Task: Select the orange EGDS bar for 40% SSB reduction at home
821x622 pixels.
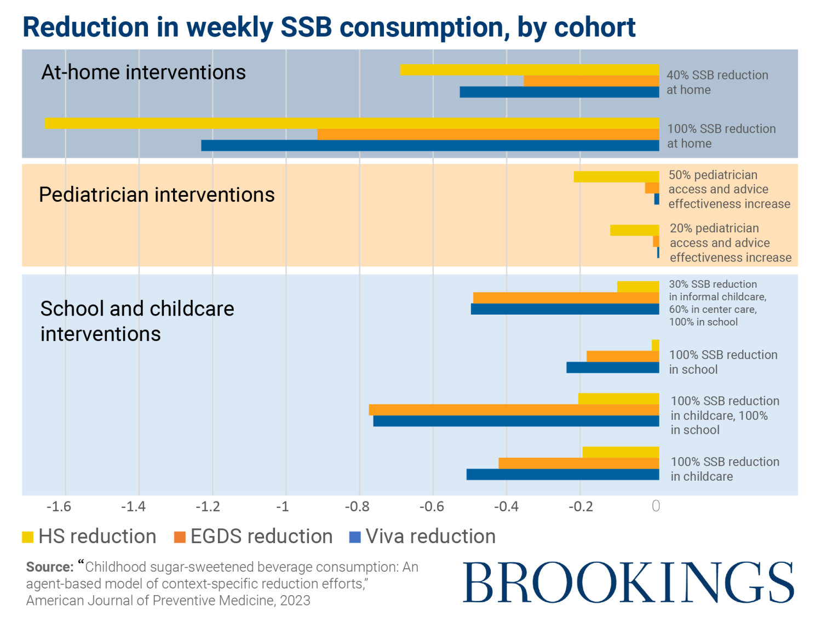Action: tap(591, 81)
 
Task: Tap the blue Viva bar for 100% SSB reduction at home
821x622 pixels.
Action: tap(430, 146)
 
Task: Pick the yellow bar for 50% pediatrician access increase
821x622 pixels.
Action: tap(616, 176)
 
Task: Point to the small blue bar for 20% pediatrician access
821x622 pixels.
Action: tap(658, 253)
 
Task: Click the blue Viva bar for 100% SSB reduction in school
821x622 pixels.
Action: tap(612, 368)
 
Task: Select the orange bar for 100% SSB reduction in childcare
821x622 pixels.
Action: tap(578, 464)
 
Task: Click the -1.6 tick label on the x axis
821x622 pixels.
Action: tap(59, 507)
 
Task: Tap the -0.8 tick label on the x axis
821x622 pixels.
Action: tap(357, 507)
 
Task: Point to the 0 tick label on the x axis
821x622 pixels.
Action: tap(656, 506)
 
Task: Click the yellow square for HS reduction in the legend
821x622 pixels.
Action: tap(27, 537)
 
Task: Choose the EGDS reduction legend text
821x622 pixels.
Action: tap(261, 537)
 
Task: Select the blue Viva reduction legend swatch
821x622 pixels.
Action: tap(355, 537)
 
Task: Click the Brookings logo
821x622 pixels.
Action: tap(628, 582)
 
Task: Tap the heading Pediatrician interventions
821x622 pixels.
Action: tap(157, 195)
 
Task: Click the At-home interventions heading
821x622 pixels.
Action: tap(143, 72)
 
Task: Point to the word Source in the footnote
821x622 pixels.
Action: tap(49, 567)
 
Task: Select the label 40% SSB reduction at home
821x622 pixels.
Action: tap(717, 83)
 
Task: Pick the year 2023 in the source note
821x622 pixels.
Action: tap(295, 601)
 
